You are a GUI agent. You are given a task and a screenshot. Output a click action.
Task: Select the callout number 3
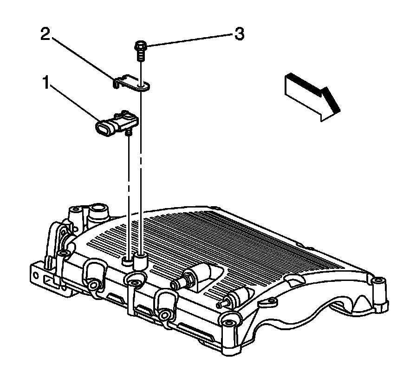(x=238, y=35)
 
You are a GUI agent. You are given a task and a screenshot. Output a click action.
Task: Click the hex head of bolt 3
(x=140, y=46)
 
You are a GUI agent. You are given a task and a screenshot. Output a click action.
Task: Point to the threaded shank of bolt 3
(x=140, y=55)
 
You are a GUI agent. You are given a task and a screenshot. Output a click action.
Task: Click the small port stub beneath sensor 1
(x=129, y=133)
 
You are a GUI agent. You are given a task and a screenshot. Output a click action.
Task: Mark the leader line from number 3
(x=186, y=40)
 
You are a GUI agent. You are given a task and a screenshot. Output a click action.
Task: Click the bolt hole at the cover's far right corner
(x=380, y=281)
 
